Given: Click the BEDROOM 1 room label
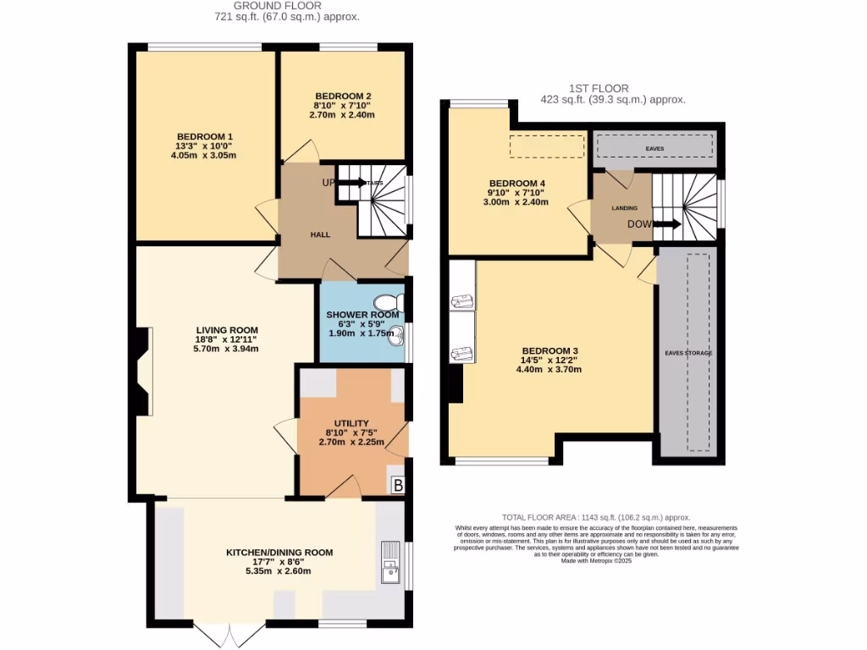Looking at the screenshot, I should click(x=204, y=137).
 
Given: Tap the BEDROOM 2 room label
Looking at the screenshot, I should click(x=342, y=96).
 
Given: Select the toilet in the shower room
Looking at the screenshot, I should click(x=388, y=302).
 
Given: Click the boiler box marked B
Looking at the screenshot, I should click(x=396, y=486).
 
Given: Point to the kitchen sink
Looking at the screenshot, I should click(x=390, y=565).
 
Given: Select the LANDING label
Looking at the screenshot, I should click(x=624, y=207).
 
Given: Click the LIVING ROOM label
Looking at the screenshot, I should click(x=226, y=330).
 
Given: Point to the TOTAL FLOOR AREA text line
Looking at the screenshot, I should click(x=595, y=517).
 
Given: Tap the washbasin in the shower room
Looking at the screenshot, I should click(x=400, y=339).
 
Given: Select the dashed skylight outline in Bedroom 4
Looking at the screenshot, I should click(x=547, y=146).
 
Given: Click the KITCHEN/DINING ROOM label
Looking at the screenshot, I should click(x=279, y=553).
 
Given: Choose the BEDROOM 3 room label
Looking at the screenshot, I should click(x=549, y=351).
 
